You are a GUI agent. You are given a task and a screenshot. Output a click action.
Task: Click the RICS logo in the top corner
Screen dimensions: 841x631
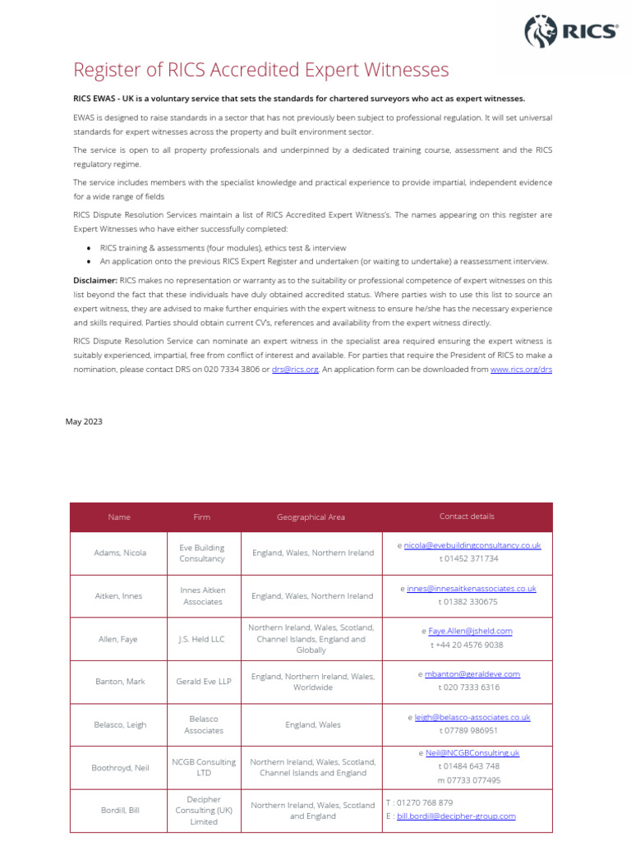[570, 31]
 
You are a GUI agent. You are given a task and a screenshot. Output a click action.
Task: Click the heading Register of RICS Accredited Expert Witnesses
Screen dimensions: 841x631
[261, 69]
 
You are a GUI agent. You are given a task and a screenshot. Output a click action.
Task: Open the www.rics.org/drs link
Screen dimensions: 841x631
[521, 370]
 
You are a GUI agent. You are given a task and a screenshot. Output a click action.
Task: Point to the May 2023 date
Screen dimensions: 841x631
[84, 421]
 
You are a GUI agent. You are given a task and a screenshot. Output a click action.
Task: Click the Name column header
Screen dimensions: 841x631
[119, 517]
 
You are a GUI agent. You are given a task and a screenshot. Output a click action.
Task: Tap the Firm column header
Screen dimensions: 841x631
[202, 517]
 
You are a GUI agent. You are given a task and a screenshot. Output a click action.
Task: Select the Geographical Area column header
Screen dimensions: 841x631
[311, 517]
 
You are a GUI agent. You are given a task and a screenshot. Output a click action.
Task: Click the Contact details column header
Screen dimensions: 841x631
[467, 517]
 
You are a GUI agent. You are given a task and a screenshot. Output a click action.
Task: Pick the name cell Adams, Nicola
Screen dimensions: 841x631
[119, 553]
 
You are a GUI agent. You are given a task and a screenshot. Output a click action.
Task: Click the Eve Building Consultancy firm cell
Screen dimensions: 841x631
[202, 553]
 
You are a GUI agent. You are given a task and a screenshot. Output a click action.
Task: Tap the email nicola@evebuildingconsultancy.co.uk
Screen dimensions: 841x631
[472, 545]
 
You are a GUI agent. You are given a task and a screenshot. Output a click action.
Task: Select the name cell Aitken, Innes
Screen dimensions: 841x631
[119, 596]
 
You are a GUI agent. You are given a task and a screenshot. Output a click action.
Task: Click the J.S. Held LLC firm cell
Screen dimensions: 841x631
[202, 639]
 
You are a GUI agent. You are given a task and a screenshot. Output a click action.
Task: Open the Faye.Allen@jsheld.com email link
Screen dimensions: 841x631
[470, 632]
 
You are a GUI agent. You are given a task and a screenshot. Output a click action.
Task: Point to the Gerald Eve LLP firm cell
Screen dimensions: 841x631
[202, 682]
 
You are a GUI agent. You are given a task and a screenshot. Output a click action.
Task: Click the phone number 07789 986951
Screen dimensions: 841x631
[472, 730]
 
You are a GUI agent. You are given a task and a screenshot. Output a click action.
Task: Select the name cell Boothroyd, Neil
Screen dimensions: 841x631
[119, 768]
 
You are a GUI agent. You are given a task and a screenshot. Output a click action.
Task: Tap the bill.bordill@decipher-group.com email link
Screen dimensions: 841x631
[456, 816]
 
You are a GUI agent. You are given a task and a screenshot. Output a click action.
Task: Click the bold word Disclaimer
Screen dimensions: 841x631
[94, 280]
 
